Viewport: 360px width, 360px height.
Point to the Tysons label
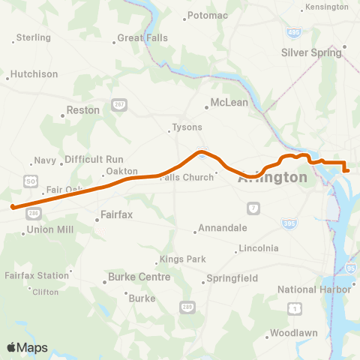pos(187,128)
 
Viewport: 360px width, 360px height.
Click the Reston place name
pos(83,110)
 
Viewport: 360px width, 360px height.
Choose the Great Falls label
pos(142,38)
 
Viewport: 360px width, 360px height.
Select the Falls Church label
pos(187,177)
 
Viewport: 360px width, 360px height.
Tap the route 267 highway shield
pos(117,106)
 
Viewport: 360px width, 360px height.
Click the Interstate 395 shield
pos(289,223)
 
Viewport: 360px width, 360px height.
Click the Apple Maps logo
pos(27,347)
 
